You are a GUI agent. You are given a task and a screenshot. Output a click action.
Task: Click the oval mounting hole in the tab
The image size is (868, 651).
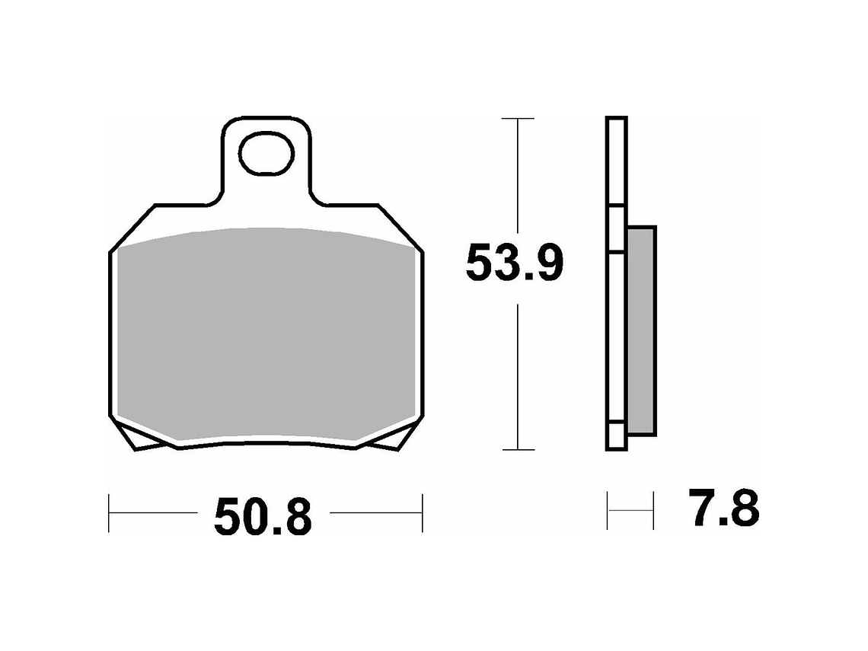[266, 155]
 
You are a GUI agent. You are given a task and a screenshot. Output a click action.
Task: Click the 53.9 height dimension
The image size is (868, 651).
[515, 264]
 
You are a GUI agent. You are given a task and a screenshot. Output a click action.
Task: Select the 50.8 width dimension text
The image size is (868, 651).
[263, 517]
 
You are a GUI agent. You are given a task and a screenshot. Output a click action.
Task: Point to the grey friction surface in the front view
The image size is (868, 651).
[266, 335]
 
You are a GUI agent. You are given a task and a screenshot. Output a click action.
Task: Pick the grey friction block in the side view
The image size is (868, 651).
[642, 331]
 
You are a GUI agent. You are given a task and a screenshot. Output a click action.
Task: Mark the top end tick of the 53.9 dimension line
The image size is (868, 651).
[518, 119]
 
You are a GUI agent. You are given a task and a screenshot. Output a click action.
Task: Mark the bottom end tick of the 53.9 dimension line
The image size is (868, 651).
[518, 450]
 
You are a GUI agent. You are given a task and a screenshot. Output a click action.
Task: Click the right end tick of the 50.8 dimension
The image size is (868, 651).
[422, 512]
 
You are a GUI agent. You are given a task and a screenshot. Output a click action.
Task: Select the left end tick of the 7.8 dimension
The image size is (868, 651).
[608, 511]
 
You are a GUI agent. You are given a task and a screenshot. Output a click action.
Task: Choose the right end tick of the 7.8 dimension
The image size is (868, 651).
[653, 511]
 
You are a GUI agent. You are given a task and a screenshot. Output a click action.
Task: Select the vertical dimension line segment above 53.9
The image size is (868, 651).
[518, 175]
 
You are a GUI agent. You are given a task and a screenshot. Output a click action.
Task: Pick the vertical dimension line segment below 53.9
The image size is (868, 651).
[518, 373]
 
